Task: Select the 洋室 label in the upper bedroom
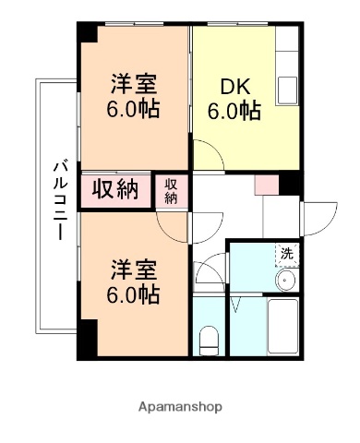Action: point(134,84)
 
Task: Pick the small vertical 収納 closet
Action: point(171,191)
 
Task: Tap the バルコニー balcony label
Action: point(58,199)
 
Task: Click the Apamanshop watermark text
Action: point(179,406)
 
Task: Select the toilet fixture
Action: point(209,340)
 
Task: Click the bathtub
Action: point(282,329)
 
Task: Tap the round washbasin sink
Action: point(286,280)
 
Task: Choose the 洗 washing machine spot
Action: point(287,253)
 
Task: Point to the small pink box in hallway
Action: point(266,184)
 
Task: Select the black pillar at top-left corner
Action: point(86,32)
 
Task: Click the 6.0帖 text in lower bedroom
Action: point(135,295)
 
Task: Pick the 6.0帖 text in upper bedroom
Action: point(135,109)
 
